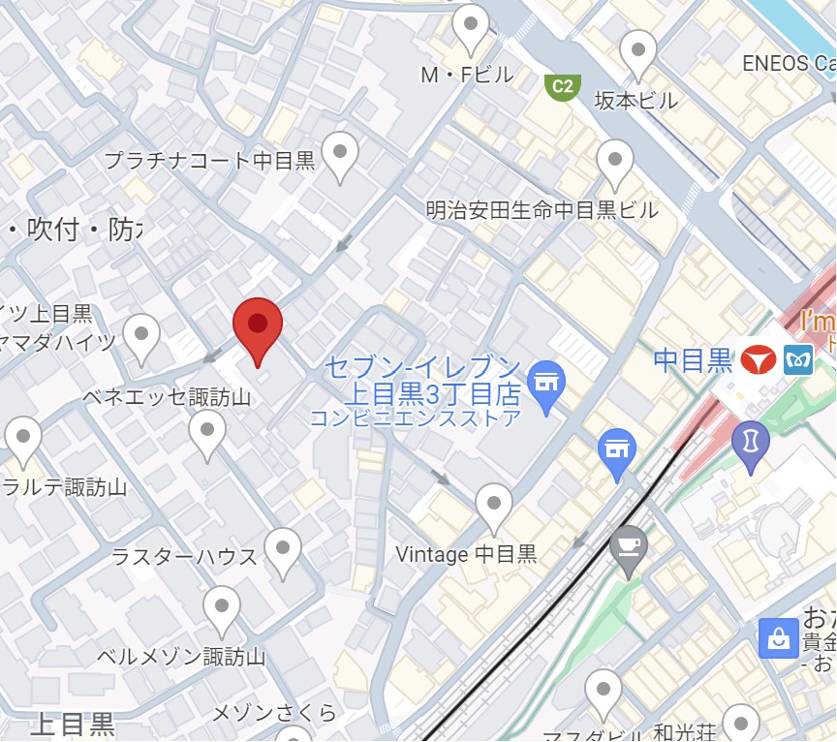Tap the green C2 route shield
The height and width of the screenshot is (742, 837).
coord(562,87)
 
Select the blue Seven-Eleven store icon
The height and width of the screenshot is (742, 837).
coord(545,381)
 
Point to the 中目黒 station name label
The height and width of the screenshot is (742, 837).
coord(693,360)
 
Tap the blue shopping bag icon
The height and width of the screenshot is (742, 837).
coord(779,637)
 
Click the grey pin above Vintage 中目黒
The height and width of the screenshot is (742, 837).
coord(495,506)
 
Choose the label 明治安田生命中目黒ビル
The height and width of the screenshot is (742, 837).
coord(542,210)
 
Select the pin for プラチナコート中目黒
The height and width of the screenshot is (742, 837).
coord(340,153)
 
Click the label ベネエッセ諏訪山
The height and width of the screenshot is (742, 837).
coord(167,397)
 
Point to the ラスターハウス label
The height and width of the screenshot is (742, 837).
coord(184,556)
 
